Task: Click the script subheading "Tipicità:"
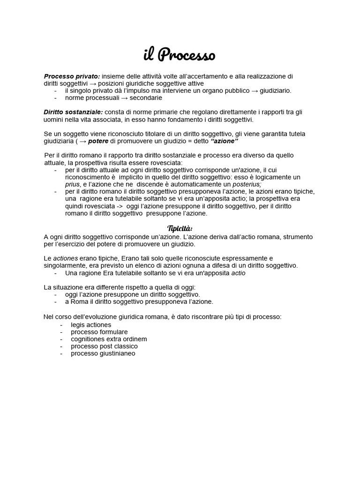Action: [180, 228]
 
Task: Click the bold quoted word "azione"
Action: [225, 141]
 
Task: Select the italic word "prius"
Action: [73, 185]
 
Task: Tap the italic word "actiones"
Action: [65, 258]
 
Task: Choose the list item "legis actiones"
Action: [91, 324]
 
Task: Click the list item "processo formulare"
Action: [99, 332]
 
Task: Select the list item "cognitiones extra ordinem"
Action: [109, 339]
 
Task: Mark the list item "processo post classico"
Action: [104, 346]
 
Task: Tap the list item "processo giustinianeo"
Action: [103, 353]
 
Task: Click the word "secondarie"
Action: [146, 98]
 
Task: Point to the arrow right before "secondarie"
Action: [125, 98]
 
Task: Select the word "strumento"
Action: [298, 237]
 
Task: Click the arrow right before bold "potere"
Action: [82, 141]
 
